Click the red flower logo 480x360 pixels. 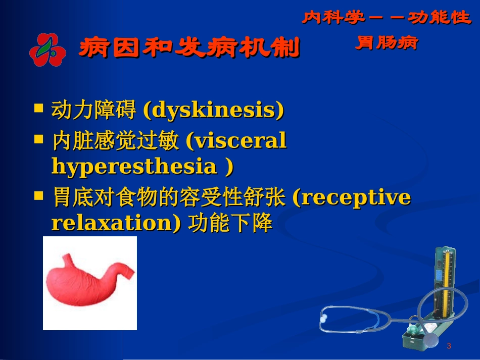pyautogui.click(x=47, y=49)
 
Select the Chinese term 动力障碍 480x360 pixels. pyautogui.click(x=93, y=111)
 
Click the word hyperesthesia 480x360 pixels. pyautogui.click(x=134, y=166)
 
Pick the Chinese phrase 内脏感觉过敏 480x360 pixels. pyautogui.click(x=115, y=141)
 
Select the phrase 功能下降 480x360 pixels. pyautogui.click(x=230, y=223)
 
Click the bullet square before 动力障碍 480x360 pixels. pyautogui.click(x=38, y=108)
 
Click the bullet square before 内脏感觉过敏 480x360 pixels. pyautogui.click(x=38, y=139)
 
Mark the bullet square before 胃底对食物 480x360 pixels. pyautogui.click(x=38, y=195)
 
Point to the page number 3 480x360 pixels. pyautogui.click(x=449, y=346)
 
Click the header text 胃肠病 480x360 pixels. pyautogui.click(x=386, y=43)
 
